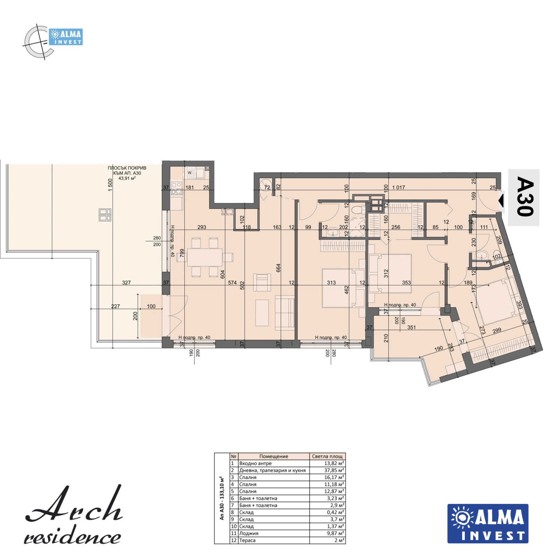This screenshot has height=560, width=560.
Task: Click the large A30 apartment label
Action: [525, 197]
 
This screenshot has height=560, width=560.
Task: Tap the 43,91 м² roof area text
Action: [127, 178]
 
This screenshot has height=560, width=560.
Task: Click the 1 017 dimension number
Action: [398, 188]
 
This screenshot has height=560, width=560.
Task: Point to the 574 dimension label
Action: [232, 282]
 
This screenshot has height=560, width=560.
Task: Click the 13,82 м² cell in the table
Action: [334, 463]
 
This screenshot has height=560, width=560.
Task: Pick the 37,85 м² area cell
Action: [334, 470]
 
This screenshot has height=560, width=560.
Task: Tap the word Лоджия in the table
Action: [249, 533]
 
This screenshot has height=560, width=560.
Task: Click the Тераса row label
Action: [247, 540]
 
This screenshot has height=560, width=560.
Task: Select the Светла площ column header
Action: [327, 456]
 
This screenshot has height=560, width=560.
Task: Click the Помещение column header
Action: [274, 456]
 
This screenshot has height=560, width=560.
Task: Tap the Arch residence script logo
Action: [73, 515]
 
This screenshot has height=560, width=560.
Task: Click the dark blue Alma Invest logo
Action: [488, 524]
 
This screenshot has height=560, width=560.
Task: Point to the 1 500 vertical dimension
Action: [110, 185]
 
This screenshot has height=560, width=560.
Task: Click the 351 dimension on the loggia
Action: [412, 328]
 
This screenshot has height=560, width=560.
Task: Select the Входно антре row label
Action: [255, 463]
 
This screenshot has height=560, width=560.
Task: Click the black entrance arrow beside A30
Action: [501, 201]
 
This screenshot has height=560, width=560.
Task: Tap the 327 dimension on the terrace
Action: [126, 282]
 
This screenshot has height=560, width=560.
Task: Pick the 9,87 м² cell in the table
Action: [335, 533]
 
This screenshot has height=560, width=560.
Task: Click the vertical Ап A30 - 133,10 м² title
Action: [222, 498]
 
